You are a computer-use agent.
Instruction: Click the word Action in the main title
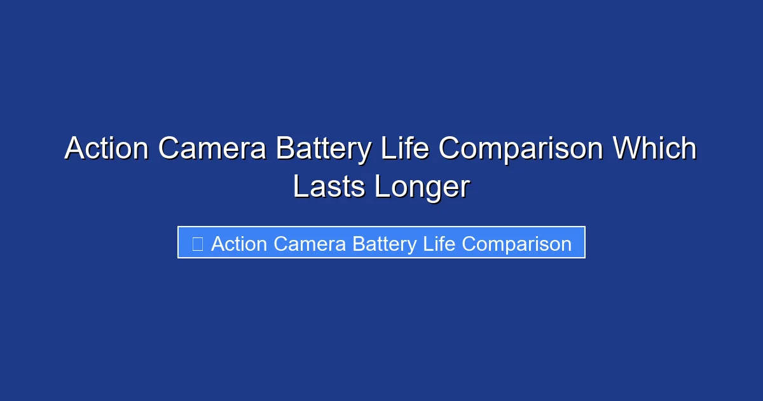coord(107,149)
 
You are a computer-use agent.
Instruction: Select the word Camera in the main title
coord(212,149)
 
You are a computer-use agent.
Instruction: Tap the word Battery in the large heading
coord(324,149)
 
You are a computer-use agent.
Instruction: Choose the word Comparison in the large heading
coord(521,149)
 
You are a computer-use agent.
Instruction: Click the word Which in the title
coord(654,149)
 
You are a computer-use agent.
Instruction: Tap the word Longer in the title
coord(422,187)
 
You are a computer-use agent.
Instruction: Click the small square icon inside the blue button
coord(197,243)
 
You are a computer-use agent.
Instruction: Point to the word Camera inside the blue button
coord(308,244)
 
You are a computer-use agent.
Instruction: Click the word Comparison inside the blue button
coord(516,244)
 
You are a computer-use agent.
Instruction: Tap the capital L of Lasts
coord(299,187)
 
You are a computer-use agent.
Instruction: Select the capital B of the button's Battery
coord(358,244)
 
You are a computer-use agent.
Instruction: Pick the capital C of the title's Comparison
coord(451,149)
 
